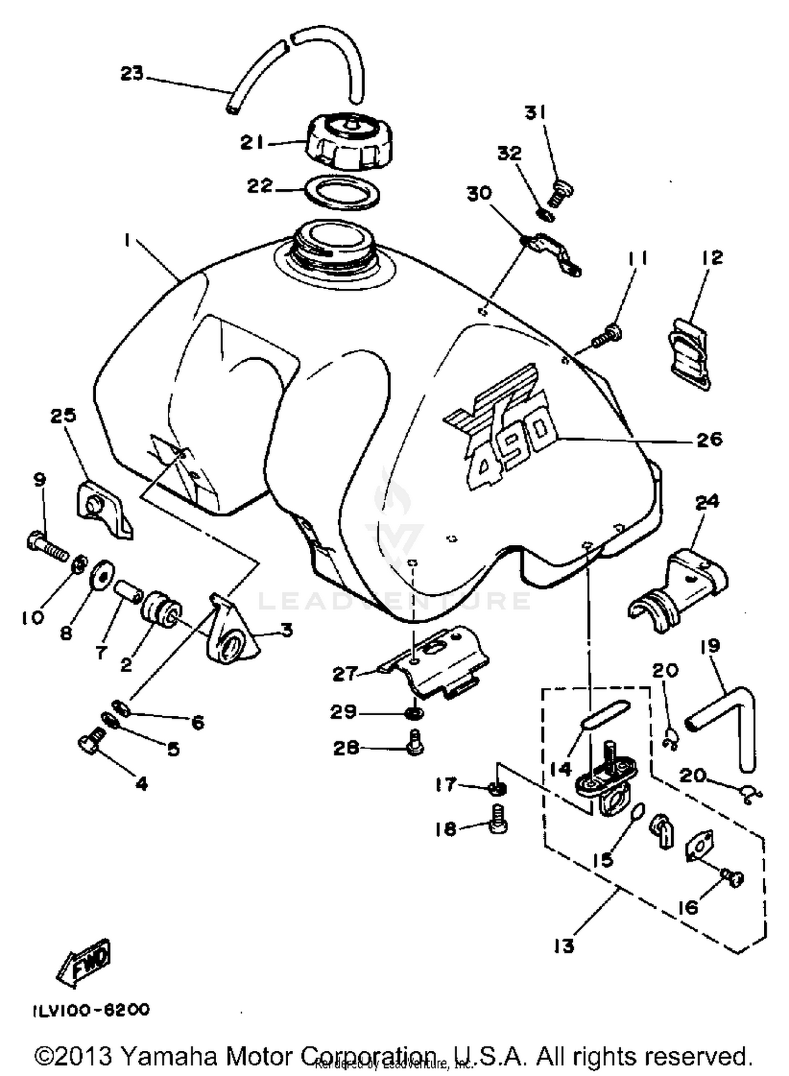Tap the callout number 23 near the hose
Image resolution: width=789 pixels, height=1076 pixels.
pos(131,74)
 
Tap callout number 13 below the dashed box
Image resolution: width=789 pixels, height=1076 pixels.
pos(564,947)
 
